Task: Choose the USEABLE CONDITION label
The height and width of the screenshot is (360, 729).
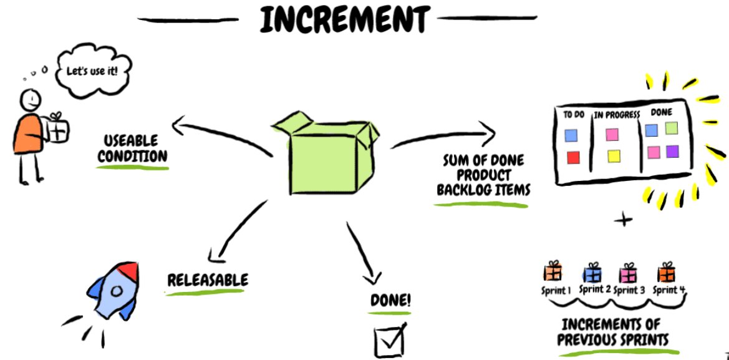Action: [132, 148]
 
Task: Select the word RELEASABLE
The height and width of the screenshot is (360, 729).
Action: [207, 280]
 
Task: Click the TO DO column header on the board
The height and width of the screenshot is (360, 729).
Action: [574, 115]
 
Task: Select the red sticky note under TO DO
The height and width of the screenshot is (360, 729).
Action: [573, 157]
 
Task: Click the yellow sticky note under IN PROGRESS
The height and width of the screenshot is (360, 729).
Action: [614, 156]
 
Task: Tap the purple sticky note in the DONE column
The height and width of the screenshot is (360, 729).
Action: [672, 151]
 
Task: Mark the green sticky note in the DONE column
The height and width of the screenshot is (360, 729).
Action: [671, 129]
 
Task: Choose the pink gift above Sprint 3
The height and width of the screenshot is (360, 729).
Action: [627, 273]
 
